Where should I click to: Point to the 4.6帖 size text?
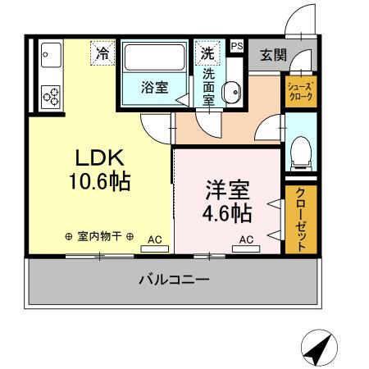pyautogui.click(x=226, y=213)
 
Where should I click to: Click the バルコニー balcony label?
pyautogui.click(x=173, y=279)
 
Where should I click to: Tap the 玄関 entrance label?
pyautogui.click(x=273, y=55)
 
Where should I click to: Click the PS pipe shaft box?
pyautogui.click(x=236, y=48)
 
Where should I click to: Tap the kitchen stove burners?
pyautogui.click(x=52, y=95)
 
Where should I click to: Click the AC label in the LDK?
pyautogui.click(x=154, y=240)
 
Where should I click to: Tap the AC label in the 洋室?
pyautogui.click(x=245, y=240)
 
